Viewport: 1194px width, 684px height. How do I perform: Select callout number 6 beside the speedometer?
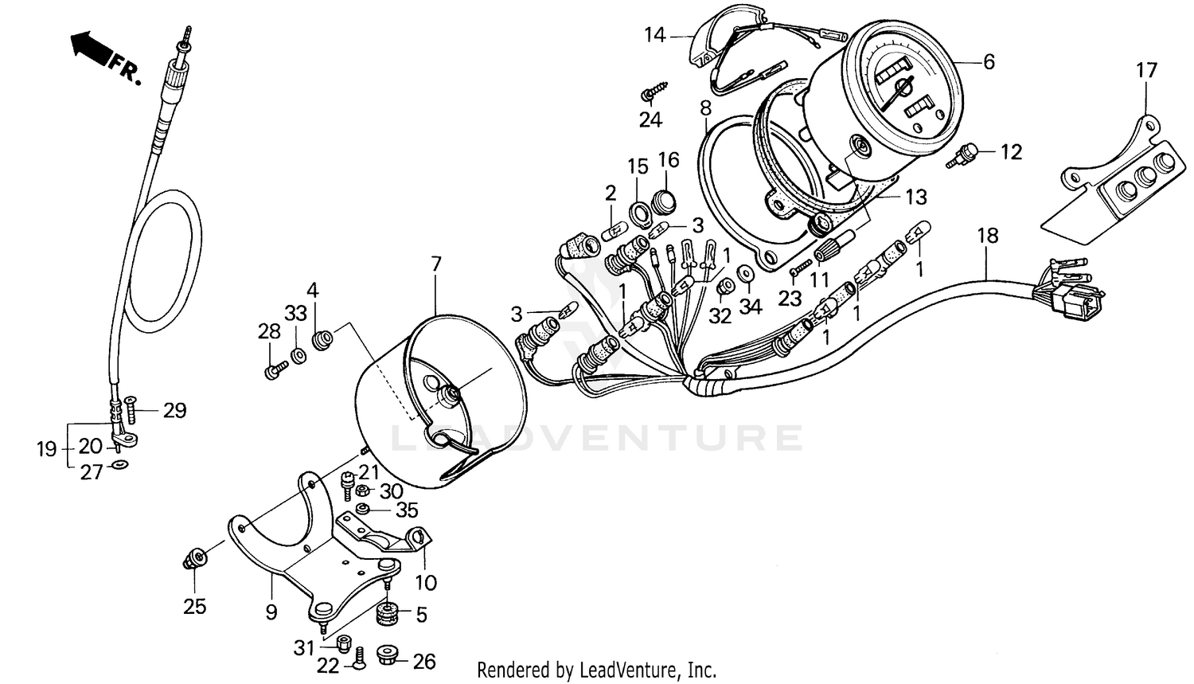tap(989, 61)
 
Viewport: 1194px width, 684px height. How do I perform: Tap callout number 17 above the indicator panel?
tap(1146, 71)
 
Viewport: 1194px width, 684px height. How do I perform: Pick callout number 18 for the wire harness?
tap(987, 236)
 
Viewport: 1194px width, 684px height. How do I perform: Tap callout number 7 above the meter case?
tap(435, 264)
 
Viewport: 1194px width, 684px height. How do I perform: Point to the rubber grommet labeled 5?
tap(388, 614)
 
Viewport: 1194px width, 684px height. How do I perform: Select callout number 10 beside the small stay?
tap(426, 583)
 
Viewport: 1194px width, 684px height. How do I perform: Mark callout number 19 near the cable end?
tap(47, 449)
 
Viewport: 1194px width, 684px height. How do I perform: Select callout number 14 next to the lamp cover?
tap(655, 35)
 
